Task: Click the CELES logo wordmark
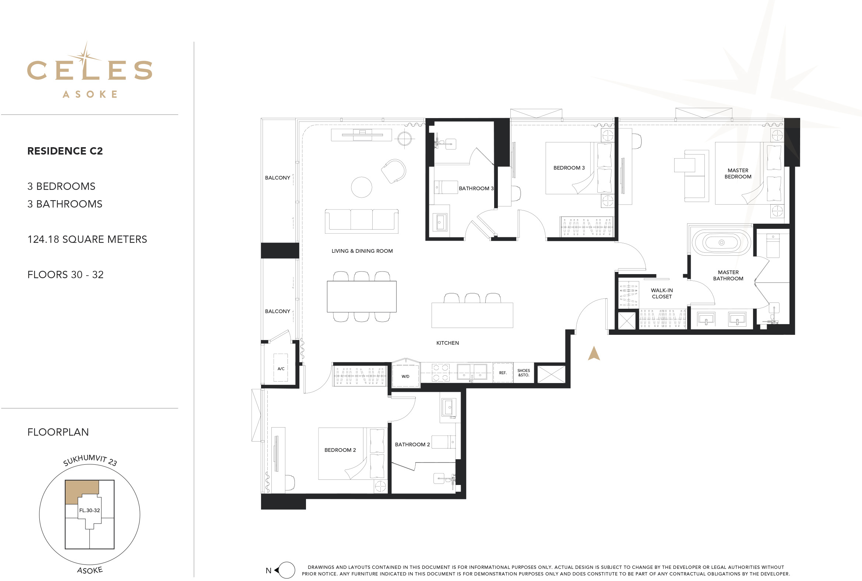tap(89, 69)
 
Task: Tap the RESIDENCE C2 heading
tap(65, 151)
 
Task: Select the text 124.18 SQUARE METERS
tap(87, 240)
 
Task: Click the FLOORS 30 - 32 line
tap(65, 274)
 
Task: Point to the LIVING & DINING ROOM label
tap(362, 251)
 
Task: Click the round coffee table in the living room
tap(362, 187)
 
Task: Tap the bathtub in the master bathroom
tap(721, 243)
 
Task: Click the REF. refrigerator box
tap(503, 373)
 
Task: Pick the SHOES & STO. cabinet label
tap(524, 373)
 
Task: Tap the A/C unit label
tap(281, 369)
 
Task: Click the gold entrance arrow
tap(594, 353)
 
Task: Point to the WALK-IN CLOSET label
tap(662, 294)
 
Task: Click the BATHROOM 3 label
tap(476, 188)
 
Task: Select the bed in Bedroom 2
tap(353, 454)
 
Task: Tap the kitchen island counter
tap(472, 315)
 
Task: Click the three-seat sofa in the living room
tap(362, 221)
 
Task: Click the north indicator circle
tap(286, 570)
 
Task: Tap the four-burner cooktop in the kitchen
tap(440, 373)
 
